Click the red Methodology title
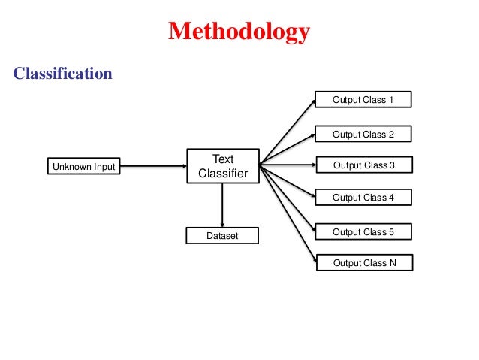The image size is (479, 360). [x=239, y=32]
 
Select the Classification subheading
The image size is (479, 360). [x=63, y=74]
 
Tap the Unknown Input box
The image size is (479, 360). [x=83, y=166]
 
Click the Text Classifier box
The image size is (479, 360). [x=222, y=166]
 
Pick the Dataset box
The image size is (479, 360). [x=222, y=236]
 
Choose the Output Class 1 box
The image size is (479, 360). [x=363, y=100]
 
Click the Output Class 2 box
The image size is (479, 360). [x=363, y=135]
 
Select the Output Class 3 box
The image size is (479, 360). [x=363, y=165]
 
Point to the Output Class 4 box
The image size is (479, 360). [x=363, y=198]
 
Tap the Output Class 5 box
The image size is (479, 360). [x=363, y=232]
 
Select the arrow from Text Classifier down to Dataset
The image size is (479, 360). [x=222, y=204]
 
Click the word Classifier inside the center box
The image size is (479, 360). [x=222, y=174]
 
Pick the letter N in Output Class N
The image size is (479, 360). [x=390, y=263]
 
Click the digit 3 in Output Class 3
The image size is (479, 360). [x=391, y=165]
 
